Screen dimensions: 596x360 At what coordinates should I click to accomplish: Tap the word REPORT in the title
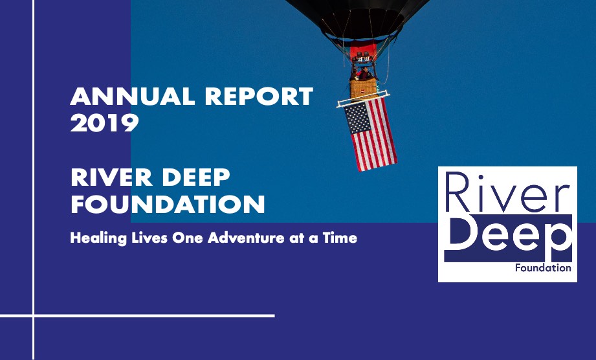point(259,96)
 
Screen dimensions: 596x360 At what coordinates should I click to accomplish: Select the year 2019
point(105,123)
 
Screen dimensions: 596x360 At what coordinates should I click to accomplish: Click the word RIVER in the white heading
point(112,177)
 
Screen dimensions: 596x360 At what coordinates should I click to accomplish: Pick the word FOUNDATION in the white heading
point(168,205)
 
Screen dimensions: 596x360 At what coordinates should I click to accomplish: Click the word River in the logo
point(507,192)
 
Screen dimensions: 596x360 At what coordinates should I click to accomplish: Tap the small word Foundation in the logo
point(543,268)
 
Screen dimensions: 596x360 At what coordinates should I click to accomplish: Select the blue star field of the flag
point(357,118)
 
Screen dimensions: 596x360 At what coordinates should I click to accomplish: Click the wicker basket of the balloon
point(364,89)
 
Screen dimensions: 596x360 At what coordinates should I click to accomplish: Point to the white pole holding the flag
point(363,98)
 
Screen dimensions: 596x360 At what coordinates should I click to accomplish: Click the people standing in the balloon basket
point(362,73)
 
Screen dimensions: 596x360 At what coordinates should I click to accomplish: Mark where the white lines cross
point(34,315)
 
